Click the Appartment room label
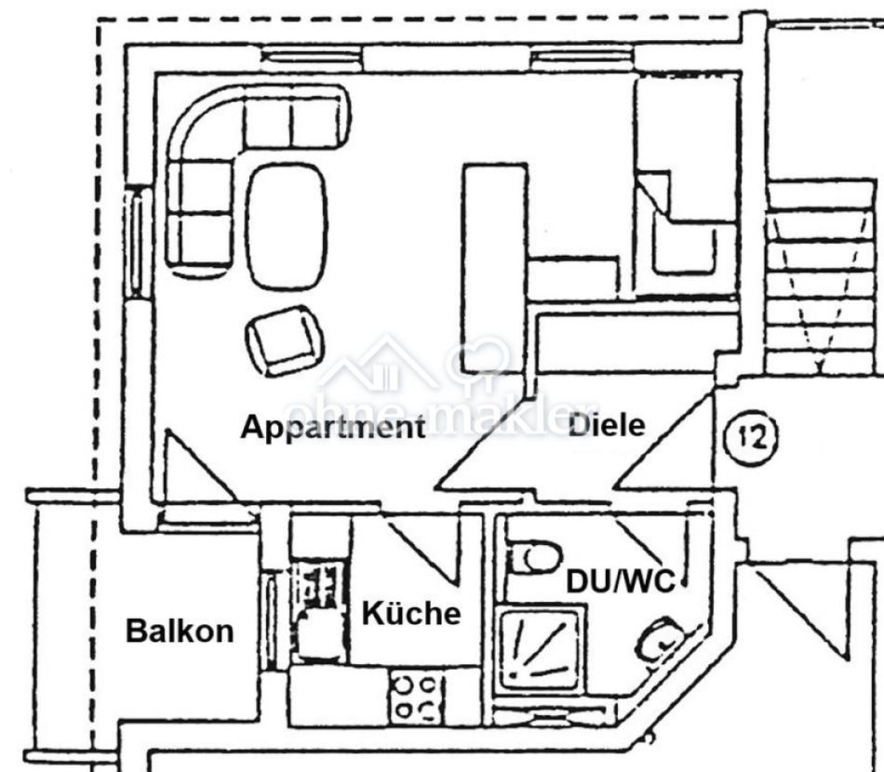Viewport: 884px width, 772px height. coord(332,427)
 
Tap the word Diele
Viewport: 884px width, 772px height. coord(607,425)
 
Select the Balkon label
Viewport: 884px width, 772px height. coord(180,632)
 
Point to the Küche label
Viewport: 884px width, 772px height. coord(411,613)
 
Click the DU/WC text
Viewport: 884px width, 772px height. coord(620,581)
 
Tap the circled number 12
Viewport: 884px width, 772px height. coord(750,437)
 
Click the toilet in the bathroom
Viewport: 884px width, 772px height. coord(533,557)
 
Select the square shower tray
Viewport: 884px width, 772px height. coord(541,650)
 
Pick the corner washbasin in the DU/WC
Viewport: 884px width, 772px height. coord(663,637)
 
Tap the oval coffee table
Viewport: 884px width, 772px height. coord(288,228)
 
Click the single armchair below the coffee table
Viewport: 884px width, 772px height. coord(285,340)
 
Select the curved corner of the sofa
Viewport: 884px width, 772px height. coord(200,126)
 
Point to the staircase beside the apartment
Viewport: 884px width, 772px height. coord(823,276)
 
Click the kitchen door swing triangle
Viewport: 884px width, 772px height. coord(422,543)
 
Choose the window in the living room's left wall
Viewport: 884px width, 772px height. coord(137,243)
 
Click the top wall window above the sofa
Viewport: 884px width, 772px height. coord(313,56)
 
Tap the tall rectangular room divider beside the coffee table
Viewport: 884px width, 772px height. coord(494,268)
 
